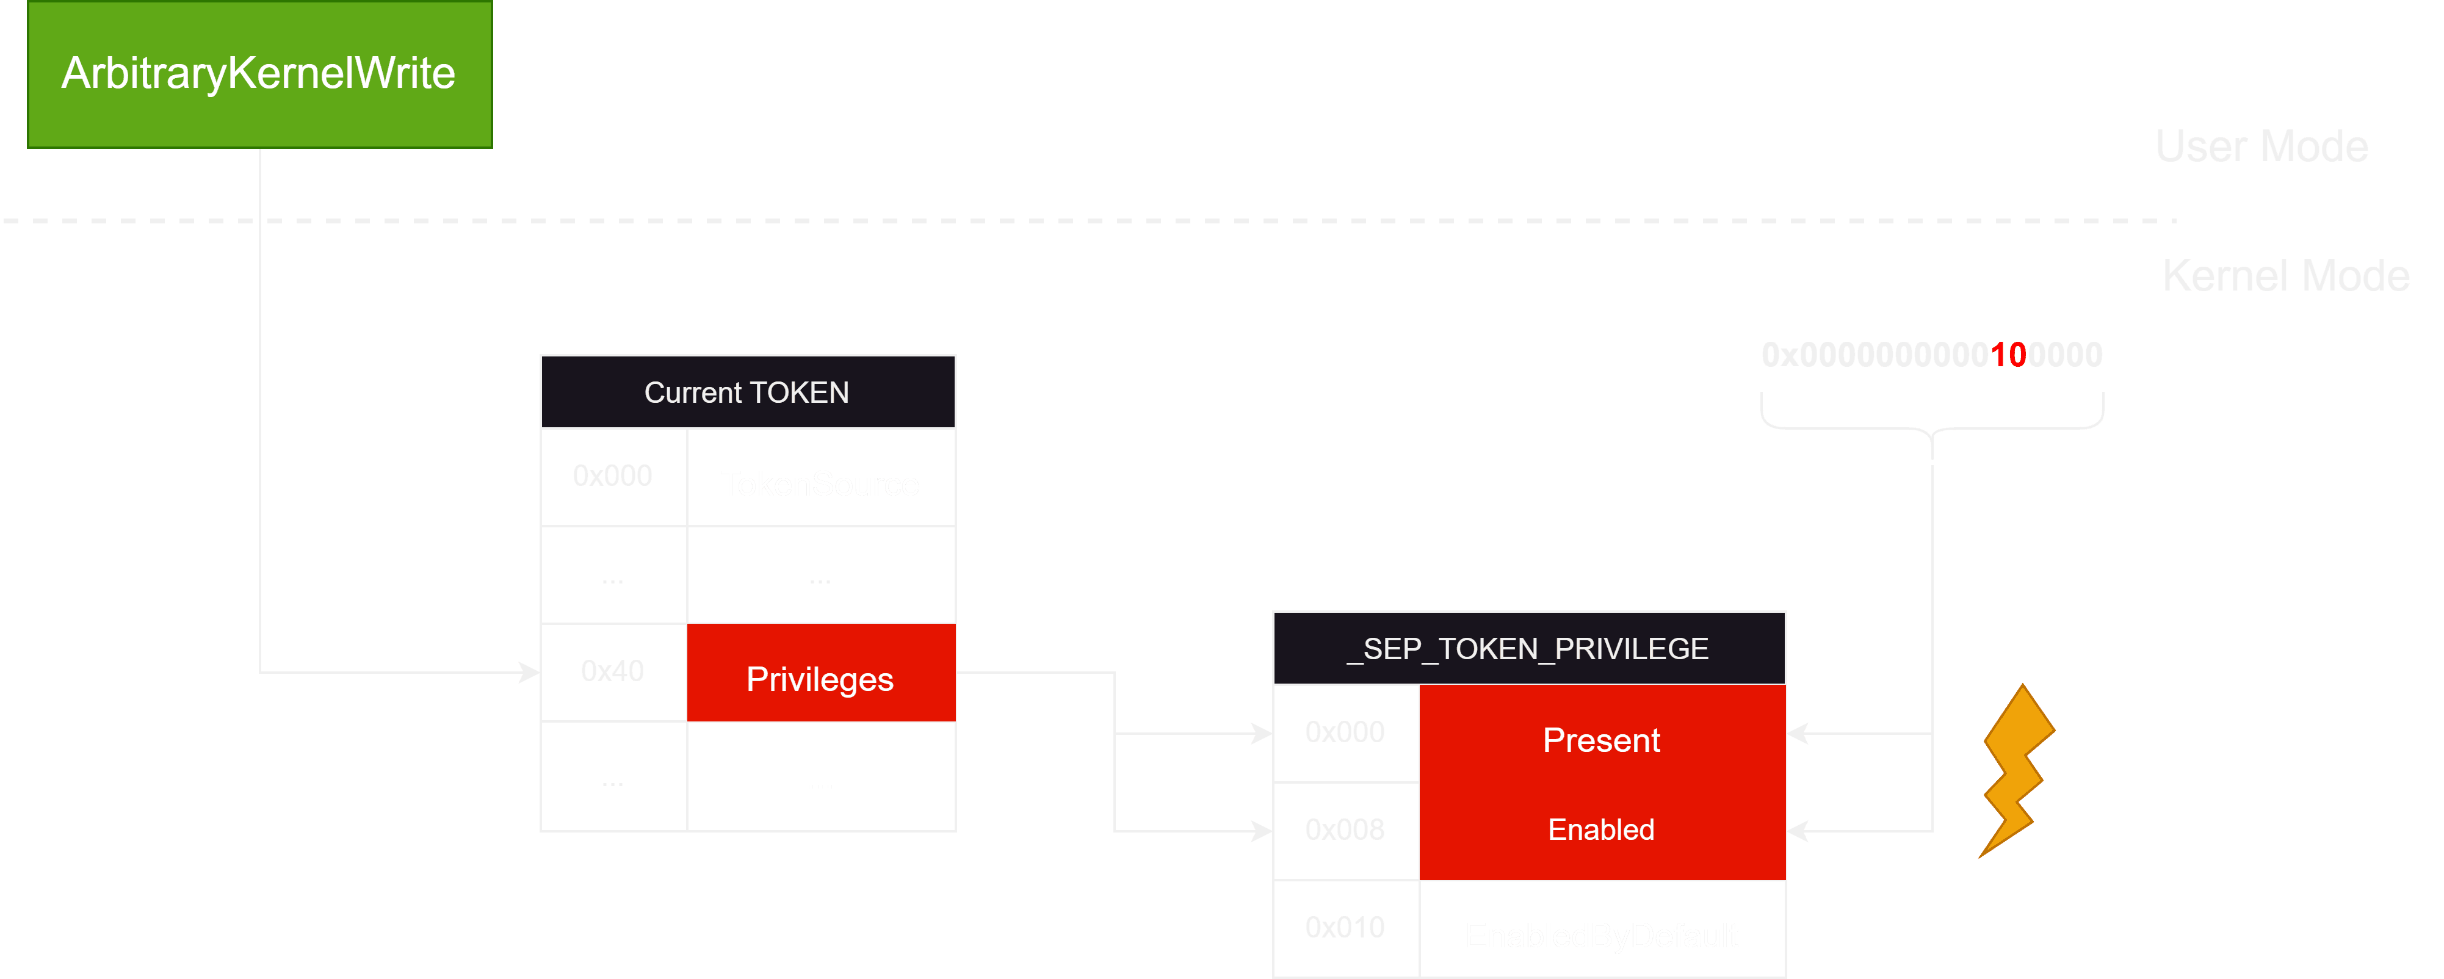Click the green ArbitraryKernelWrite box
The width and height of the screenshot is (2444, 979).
[259, 74]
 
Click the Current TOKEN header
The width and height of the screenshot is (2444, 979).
[747, 392]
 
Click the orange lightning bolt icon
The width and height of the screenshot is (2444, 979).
[2016, 770]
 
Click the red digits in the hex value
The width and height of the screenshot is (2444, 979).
[2009, 355]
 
